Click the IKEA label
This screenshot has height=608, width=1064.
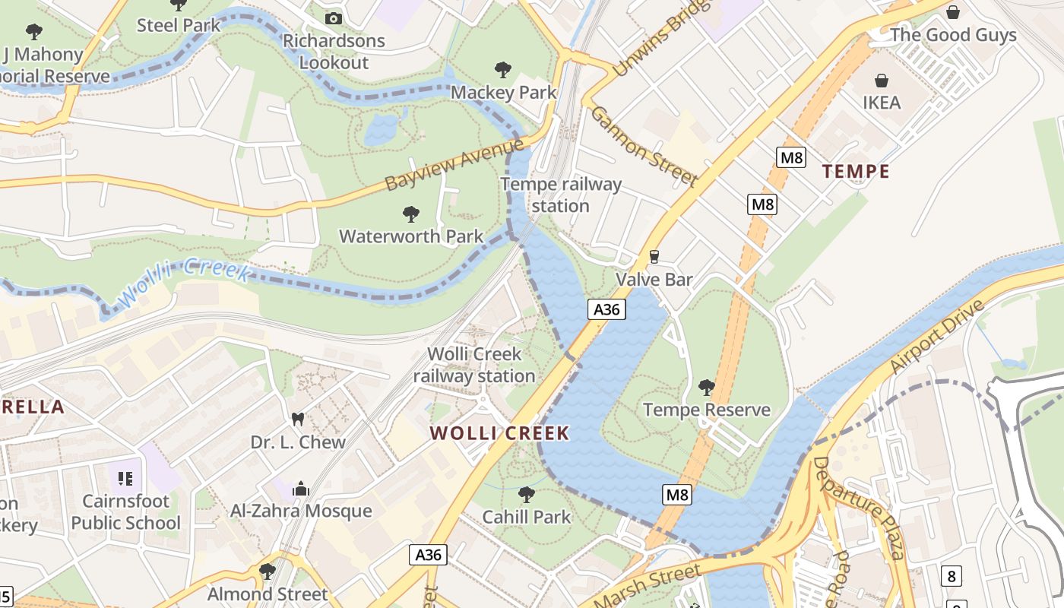(x=882, y=103)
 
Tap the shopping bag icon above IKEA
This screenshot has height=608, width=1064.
(x=882, y=81)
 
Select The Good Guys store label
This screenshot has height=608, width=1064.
(x=952, y=35)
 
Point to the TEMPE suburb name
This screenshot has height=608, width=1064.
(x=856, y=172)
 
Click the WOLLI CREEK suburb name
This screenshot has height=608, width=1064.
(x=499, y=434)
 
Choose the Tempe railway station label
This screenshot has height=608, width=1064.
(x=561, y=195)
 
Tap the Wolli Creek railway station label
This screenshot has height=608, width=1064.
(x=474, y=365)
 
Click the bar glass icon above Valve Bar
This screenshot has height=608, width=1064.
(x=654, y=257)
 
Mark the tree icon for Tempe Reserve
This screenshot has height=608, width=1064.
(x=706, y=388)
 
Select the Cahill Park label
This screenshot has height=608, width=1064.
(x=526, y=517)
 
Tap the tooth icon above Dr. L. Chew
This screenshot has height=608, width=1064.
(x=298, y=420)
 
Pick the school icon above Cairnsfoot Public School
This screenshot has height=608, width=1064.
(x=126, y=479)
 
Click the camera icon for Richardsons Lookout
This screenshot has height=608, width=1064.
(x=333, y=18)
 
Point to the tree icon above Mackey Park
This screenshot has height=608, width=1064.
(x=502, y=70)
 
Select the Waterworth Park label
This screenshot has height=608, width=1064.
(x=410, y=236)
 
